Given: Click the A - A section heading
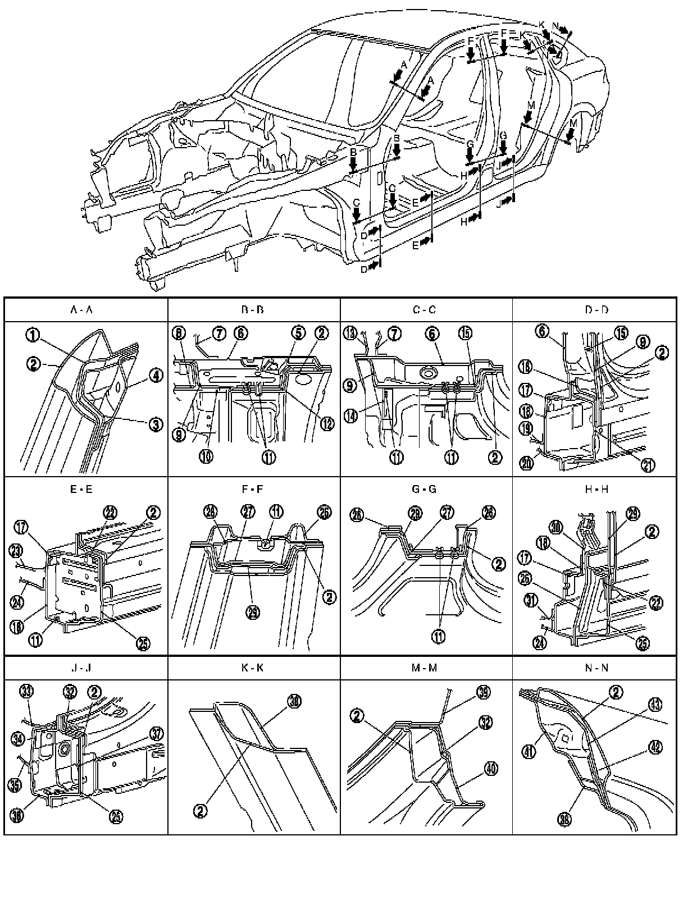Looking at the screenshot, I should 86,309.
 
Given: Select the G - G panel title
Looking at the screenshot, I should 426,489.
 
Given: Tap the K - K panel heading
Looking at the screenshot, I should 254,668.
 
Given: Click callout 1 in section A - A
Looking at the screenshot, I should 33,335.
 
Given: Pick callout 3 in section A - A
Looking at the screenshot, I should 156,424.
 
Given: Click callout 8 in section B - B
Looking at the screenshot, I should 179,333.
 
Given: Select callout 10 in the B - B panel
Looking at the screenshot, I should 207,456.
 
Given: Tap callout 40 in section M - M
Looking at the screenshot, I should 491,769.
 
